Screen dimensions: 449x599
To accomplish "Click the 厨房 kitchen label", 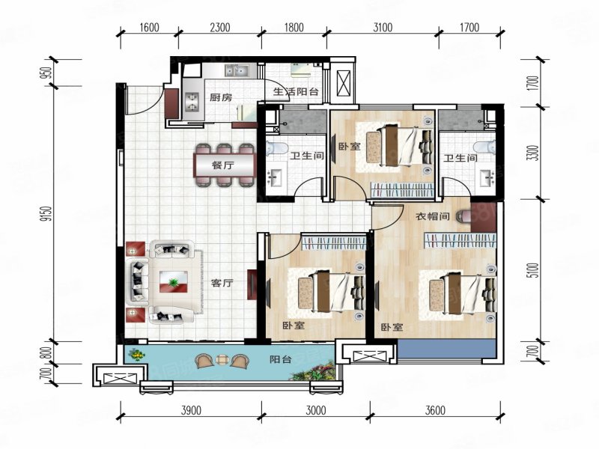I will pos(220,97).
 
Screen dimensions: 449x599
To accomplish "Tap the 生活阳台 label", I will pos(297,93).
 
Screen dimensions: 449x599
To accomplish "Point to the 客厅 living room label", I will pos(222,284).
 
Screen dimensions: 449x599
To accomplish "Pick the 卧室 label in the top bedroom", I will pos(350,147).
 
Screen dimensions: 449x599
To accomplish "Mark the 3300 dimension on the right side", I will pos(532,153).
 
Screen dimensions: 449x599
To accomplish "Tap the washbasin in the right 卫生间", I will pos(487,178).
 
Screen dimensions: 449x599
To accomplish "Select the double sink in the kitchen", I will pos(239,73).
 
